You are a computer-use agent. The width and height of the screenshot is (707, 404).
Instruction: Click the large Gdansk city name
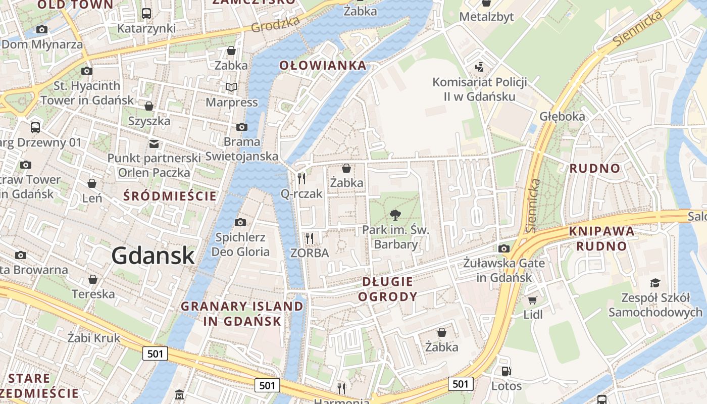(153, 256)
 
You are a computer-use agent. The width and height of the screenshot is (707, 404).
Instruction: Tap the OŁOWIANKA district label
(323, 65)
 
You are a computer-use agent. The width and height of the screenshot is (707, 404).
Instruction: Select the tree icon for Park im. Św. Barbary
(395, 216)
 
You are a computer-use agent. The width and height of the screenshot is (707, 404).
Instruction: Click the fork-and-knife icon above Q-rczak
(301, 178)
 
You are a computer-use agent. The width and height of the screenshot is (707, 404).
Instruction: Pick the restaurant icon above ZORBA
(310, 238)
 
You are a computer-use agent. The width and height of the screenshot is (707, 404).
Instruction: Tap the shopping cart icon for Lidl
(532, 300)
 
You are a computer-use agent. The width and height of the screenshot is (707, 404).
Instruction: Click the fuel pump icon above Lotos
(506, 372)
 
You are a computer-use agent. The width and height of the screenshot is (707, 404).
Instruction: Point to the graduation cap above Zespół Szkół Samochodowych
(655, 283)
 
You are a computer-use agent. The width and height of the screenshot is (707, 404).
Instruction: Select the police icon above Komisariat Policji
(479, 67)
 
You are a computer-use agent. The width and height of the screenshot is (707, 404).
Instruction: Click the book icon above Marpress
(231, 88)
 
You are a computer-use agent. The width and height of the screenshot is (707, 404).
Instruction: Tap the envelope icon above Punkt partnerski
(154, 144)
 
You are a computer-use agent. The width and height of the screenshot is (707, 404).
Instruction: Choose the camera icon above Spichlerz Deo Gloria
(240, 222)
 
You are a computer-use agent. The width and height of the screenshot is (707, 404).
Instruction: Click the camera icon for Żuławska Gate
(503, 248)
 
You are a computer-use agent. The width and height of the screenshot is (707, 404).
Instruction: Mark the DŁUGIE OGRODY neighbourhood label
(387, 289)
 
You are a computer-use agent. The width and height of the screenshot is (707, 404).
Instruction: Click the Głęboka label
(562, 116)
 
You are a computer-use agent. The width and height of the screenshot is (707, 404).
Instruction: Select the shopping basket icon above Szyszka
(149, 106)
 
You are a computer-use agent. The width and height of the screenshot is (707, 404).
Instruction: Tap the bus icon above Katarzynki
(146, 14)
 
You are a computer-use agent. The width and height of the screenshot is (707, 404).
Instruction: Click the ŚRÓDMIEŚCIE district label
(170, 196)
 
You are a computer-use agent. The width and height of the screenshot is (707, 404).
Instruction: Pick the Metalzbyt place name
(486, 17)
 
